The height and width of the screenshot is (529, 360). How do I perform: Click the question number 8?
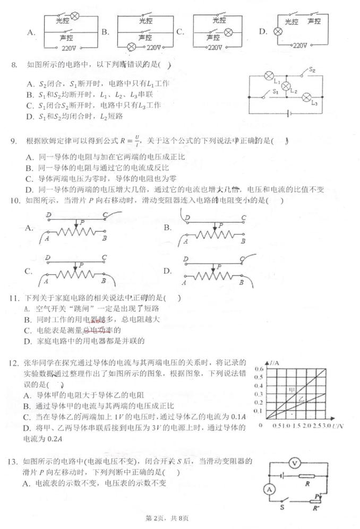click(x=14, y=65)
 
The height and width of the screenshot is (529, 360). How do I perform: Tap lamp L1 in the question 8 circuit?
click(x=269, y=76)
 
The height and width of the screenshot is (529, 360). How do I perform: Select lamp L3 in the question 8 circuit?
click(x=306, y=97)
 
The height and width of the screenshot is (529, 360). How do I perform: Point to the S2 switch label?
click(x=312, y=70)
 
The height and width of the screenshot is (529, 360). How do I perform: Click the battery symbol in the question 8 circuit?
click(x=288, y=112)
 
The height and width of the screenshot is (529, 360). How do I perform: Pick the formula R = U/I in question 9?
click(x=130, y=141)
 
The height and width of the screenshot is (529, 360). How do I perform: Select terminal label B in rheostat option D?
click(x=241, y=283)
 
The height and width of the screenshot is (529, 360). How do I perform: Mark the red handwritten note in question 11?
click(x=97, y=320)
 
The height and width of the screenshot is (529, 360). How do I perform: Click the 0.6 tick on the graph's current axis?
click(x=259, y=369)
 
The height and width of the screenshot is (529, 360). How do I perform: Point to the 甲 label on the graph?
click(x=291, y=390)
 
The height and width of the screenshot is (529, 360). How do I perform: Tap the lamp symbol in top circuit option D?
click(x=276, y=32)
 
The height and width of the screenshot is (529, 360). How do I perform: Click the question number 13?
click(x=14, y=460)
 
